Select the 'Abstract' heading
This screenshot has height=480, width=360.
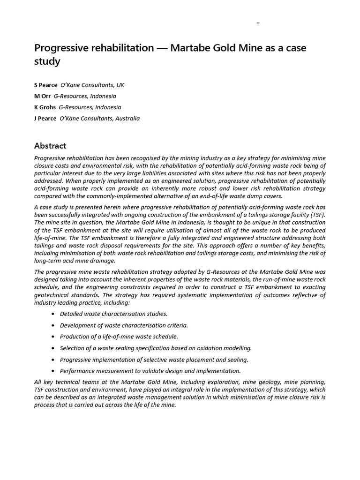coord(50,145)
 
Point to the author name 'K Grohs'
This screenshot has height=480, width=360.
coord(45,107)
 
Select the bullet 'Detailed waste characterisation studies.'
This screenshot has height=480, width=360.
coord(113,314)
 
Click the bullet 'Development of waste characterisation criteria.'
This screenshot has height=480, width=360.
coord(124,325)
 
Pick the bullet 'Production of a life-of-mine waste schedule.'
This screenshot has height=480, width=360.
coord(119,337)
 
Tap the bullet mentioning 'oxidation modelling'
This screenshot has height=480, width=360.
coord(156,348)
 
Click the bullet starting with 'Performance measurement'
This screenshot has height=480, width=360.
coord(150,371)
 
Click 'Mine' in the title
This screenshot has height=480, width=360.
coord(248,48)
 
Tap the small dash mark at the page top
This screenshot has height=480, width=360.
coord(258,22)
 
